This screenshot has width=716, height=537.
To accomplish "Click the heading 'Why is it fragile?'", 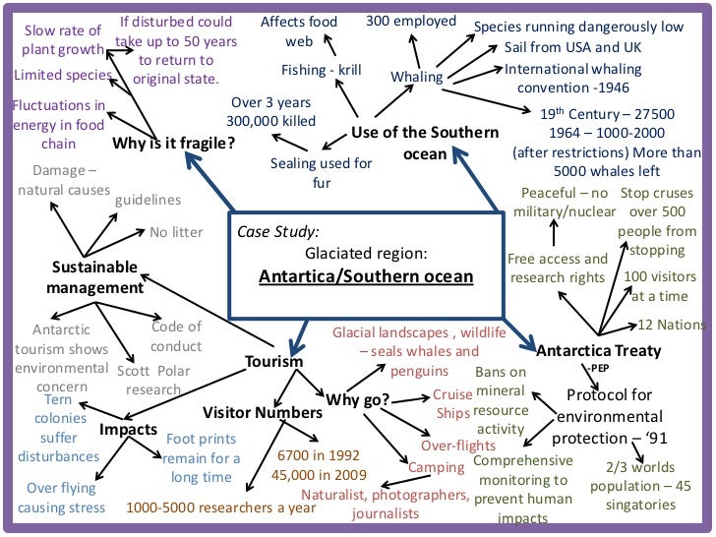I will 174,144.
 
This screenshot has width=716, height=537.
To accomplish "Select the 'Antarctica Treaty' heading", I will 599,350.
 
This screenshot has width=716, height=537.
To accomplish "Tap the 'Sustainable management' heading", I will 94,277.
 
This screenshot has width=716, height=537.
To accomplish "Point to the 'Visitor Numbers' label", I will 263,412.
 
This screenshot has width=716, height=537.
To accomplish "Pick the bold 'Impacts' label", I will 128,430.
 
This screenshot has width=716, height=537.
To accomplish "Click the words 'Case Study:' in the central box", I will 278,232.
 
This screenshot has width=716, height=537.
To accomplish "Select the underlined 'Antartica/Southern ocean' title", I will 366,276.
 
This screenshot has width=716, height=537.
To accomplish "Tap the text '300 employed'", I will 411,21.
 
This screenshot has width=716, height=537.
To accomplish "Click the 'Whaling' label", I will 417,76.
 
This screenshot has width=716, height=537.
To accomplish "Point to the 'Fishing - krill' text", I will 323,70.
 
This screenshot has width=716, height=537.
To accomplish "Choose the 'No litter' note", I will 176,233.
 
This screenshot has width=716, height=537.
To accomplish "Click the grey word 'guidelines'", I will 148,200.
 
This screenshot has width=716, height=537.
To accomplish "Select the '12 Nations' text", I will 672,325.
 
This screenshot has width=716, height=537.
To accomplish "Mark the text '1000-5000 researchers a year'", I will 221,508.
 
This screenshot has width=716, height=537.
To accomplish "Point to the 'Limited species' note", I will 60,75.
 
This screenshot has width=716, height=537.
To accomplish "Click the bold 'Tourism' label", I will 273,362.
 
